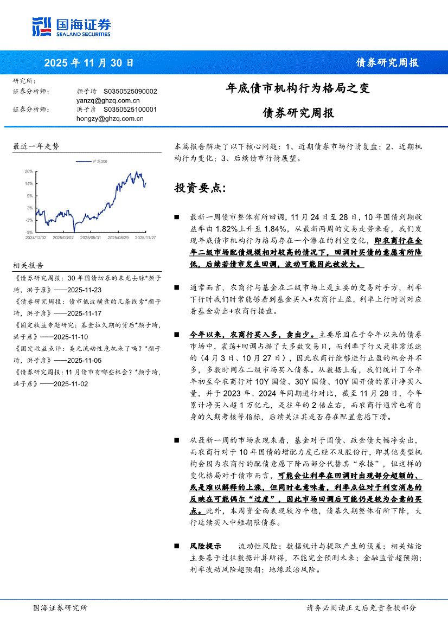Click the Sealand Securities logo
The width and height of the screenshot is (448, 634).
coord(71,27)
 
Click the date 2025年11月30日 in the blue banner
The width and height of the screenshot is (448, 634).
coord(88,62)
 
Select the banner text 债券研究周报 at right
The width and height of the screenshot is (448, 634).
coord(387,62)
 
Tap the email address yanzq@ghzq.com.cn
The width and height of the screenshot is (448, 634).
coord(108,100)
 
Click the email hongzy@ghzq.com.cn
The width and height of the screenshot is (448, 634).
coord(110,118)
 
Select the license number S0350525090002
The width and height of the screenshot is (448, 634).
coord(130,92)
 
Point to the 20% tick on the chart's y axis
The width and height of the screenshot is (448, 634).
coord(29,171)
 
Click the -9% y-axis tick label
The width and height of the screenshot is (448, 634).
coord(29,232)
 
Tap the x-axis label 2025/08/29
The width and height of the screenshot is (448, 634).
coord(118,238)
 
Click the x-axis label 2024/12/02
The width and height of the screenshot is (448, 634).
coord(36,238)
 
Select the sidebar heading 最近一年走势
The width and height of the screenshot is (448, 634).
coord(36,146)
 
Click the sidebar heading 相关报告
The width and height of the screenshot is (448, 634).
coord(28,265)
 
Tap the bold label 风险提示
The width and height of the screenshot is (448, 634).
coord(205,546)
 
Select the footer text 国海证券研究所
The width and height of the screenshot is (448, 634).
coord(60,608)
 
